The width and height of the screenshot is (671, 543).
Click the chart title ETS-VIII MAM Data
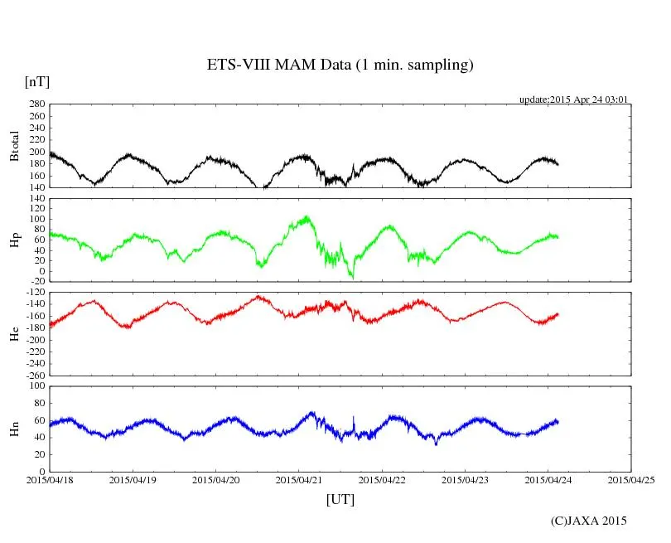click(x=340, y=65)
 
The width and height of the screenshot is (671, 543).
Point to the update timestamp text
click(x=574, y=99)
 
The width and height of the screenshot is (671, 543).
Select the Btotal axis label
click(x=14, y=146)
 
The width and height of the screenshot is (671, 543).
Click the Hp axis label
click(x=14, y=240)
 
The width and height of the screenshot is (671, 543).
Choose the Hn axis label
click(x=14, y=429)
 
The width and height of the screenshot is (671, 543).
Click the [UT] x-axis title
click(x=340, y=499)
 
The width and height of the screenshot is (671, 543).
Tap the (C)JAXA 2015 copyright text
click(x=589, y=521)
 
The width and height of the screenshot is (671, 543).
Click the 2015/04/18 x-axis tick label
click(x=50, y=479)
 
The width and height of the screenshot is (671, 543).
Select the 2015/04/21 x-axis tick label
click(x=299, y=479)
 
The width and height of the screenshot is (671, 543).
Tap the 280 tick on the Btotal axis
click(x=36, y=104)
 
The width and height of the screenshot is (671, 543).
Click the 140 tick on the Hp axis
click(x=36, y=199)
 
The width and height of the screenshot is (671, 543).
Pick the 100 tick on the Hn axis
click(x=36, y=386)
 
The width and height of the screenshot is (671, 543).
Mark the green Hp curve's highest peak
click(x=307, y=217)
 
